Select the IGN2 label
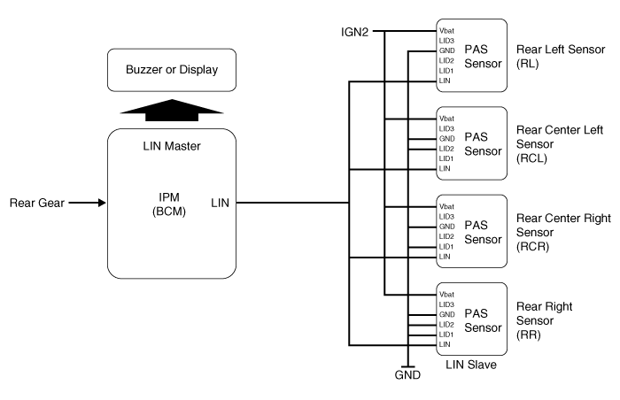pos(356,31)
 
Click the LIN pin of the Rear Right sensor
pos(444,344)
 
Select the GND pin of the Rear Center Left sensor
pos(446,138)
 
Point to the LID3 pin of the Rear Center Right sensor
pos(446,216)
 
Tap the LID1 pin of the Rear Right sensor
pos(446,335)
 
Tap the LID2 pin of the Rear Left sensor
pos(446,61)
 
